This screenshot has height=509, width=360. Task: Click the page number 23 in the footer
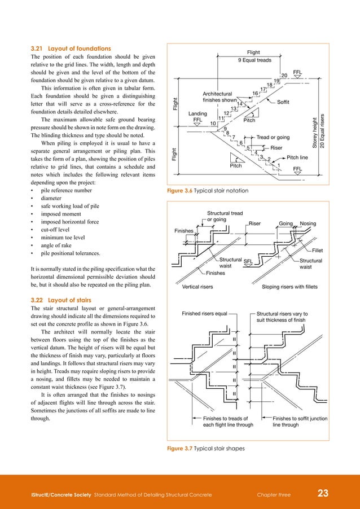[323, 494]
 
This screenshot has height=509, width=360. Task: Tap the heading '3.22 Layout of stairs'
[60, 300]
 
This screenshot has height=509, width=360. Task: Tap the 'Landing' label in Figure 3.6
[197, 113]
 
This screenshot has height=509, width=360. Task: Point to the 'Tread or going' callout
[273, 137]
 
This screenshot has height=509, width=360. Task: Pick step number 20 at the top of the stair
[284, 76]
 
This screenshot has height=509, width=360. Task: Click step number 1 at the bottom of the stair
[278, 165]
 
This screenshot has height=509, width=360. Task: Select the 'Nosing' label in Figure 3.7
[308, 224]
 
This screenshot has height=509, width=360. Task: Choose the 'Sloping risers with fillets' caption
[289, 287]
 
